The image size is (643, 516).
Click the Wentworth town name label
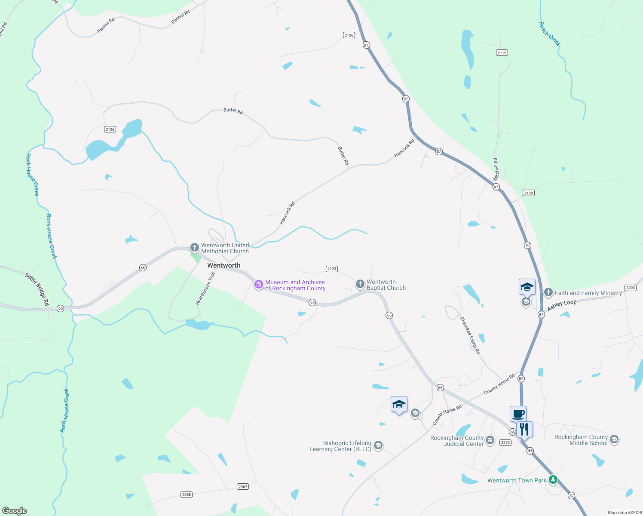224,265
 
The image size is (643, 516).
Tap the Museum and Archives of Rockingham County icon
258,285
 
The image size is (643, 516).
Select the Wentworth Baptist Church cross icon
360,284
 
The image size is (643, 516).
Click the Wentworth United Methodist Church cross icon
194,248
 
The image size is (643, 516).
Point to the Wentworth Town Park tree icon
553,479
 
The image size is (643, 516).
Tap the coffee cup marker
518,414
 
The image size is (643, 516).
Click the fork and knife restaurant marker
524,429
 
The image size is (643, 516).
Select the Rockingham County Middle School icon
614,439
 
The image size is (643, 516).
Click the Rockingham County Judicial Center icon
490,440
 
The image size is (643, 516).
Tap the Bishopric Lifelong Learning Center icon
378,445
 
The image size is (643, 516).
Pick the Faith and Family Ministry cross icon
548,293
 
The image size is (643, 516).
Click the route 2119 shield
502,52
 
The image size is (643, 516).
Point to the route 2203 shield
630,288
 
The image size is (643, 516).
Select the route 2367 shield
243,486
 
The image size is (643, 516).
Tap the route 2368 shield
186,494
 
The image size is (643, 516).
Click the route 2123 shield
331,269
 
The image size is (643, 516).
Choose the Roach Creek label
550,34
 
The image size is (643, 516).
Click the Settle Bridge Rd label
37,289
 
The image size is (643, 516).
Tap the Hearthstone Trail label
205,288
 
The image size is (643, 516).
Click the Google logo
15,510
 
